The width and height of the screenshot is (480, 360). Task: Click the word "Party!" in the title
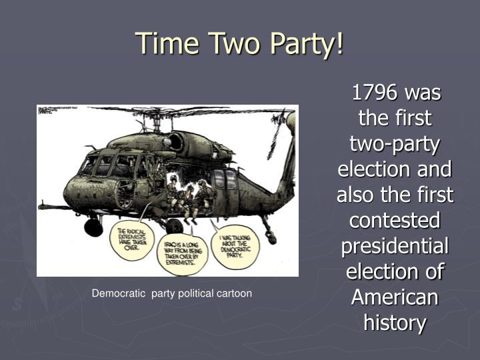coord(305,43)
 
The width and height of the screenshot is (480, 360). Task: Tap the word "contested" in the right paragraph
coord(395,220)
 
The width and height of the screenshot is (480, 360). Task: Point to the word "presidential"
coord(395,246)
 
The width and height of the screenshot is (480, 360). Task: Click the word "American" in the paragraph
coord(395,297)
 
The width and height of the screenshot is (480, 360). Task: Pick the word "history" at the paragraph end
coord(395,323)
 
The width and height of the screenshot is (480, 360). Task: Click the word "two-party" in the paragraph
coord(395,144)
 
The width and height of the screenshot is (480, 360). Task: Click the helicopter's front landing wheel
coord(93,227)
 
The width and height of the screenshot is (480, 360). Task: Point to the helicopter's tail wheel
coord(271,237)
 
